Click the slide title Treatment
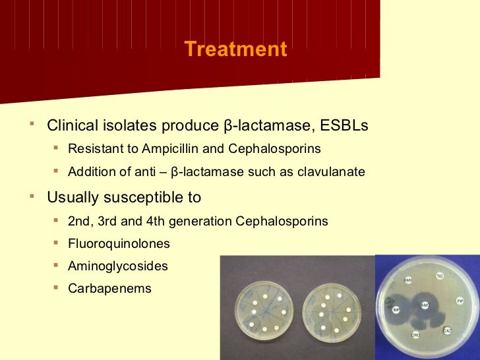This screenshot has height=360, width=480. tap(235, 49)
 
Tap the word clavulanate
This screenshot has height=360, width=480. tap(330, 172)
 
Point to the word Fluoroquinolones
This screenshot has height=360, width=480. tap(119, 244)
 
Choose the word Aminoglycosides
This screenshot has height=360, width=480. tap(118, 266)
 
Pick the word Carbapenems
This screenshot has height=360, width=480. tap(109, 289)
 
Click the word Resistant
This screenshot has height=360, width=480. tap(92, 148)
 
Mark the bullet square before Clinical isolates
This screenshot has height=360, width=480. tap(33, 123)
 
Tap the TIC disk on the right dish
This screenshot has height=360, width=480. tap(440, 276)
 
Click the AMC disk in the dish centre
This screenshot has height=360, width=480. tap(425, 305)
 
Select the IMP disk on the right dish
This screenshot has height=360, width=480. tap(396, 309)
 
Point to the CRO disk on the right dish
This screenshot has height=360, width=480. tap(415, 334)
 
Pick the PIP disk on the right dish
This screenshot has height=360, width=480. tap(460, 301)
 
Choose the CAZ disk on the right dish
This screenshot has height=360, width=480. tap(447, 329)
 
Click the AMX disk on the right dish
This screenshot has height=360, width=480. tap(407, 280)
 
